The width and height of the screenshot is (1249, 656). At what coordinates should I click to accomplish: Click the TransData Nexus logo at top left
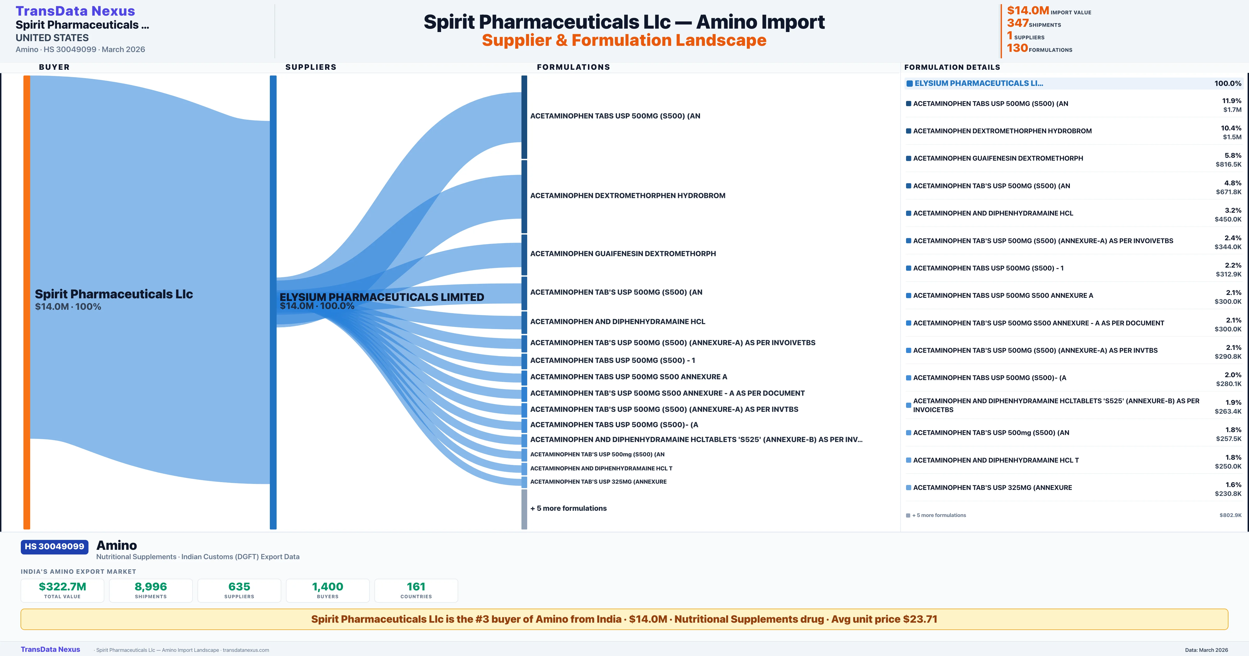click(x=75, y=11)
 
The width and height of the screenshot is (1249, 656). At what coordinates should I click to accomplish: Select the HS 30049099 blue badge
click(x=54, y=546)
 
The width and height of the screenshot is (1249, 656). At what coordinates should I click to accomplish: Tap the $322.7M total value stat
click(x=62, y=586)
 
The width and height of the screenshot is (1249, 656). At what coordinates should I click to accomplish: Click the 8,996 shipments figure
click(x=151, y=586)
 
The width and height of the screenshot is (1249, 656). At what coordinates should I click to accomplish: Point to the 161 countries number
click(x=416, y=586)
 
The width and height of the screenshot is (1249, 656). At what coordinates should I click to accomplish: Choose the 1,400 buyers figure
click(x=328, y=586)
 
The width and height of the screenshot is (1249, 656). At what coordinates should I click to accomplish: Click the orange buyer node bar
click(x=27, y=302)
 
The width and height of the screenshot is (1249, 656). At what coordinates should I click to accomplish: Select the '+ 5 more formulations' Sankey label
click(x=568, y=508)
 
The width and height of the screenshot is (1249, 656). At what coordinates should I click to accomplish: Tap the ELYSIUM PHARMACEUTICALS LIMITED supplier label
click(x=381, y=297)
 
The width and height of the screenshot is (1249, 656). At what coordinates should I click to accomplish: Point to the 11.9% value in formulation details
click(x=1232, y=100)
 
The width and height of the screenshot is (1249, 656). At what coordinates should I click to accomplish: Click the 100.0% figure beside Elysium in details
click(x=1228, y=84)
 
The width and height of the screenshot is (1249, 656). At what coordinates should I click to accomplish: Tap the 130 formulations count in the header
click(x=1017, y=48)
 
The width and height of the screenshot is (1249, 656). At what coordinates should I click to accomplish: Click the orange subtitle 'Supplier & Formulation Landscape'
click(x=624, y=40)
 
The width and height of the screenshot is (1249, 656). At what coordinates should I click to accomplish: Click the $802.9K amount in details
click(x=1231, y=515)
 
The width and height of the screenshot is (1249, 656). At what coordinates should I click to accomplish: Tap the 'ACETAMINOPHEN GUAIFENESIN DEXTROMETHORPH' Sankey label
click(x=623, y=253)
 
